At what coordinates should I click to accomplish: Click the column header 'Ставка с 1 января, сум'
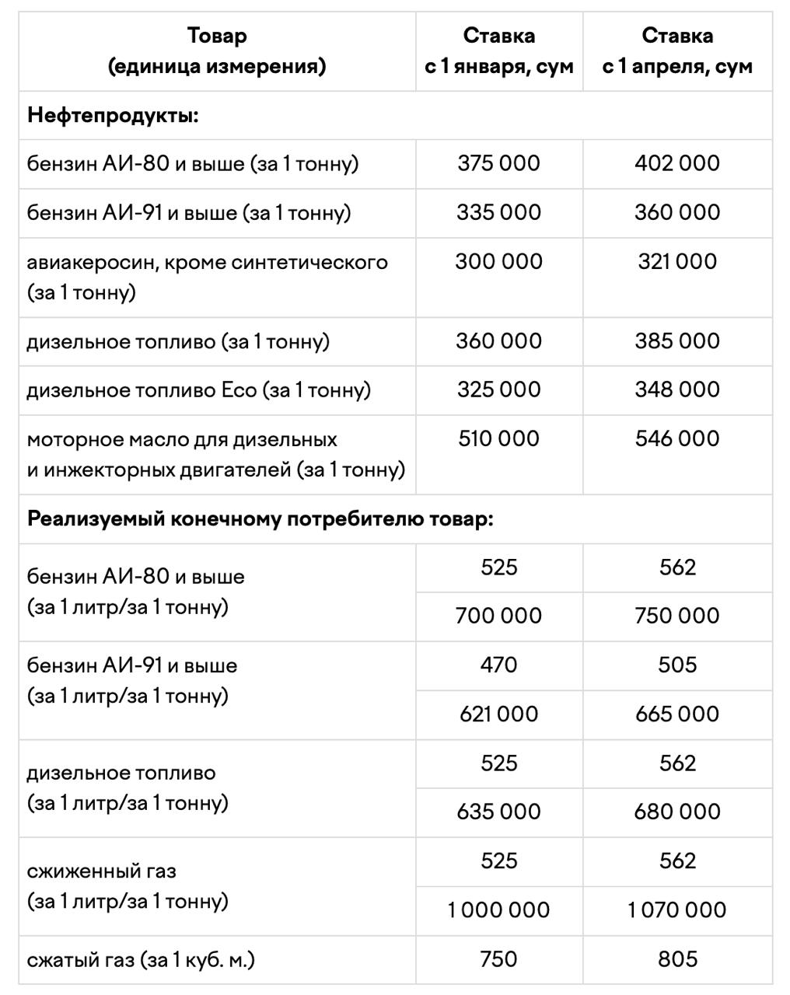pyautogui.click(x=498, y=51)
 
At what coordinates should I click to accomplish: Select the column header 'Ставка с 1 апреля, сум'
pyautogui.click(x=677, y=51)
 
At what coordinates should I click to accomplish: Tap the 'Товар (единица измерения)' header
pyautogui.click(x=217, y=51)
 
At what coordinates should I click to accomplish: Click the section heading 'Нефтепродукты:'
pyautogui.click(x=114, y=116)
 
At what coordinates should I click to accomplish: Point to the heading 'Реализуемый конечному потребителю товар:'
pyautogui.click(x=260, y=518)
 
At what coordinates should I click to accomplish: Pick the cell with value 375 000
pyautogui.click(x=498, y=163)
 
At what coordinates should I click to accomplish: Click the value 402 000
pyautogui.click(x=677, y=163)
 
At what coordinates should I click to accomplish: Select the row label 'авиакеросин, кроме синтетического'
pyautogui.click(x=207, y=262)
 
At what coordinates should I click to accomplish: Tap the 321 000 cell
pyautogui.click(x=677, y=261)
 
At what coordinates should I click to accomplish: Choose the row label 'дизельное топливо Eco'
pyautogui.click(x=198, y=389)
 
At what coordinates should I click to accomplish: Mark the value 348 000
pyautogui.click(x=677, y=389)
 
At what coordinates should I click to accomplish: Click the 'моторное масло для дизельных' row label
pyautogui.click(x=182, y=440)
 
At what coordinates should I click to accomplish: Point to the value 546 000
pyautogui.click(x=677, y=438)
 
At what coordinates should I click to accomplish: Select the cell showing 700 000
pyautogui.click(x=498, y=616)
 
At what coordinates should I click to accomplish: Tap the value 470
pyautogui.click(x=498, y=665)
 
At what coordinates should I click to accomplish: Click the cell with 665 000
pyautogui.click(x=677, y=714)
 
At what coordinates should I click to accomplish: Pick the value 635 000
pyautogui.click(x=498, y=812)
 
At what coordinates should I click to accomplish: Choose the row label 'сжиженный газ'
pyautogui.click(x=101, y=871)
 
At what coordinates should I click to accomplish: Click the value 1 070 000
pyautogui.click(x=677, y=909)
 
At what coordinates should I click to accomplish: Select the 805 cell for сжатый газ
pyautogui.click(x=677, y=959)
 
